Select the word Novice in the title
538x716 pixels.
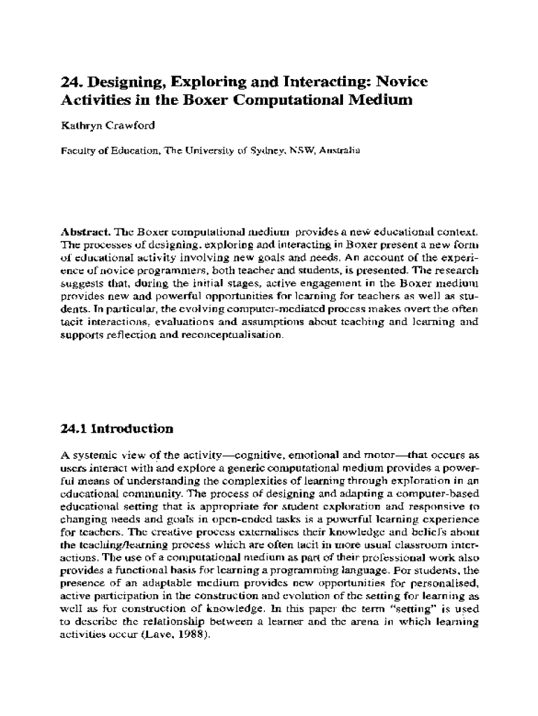point(401,83)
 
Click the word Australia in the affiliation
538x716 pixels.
point(339,150)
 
